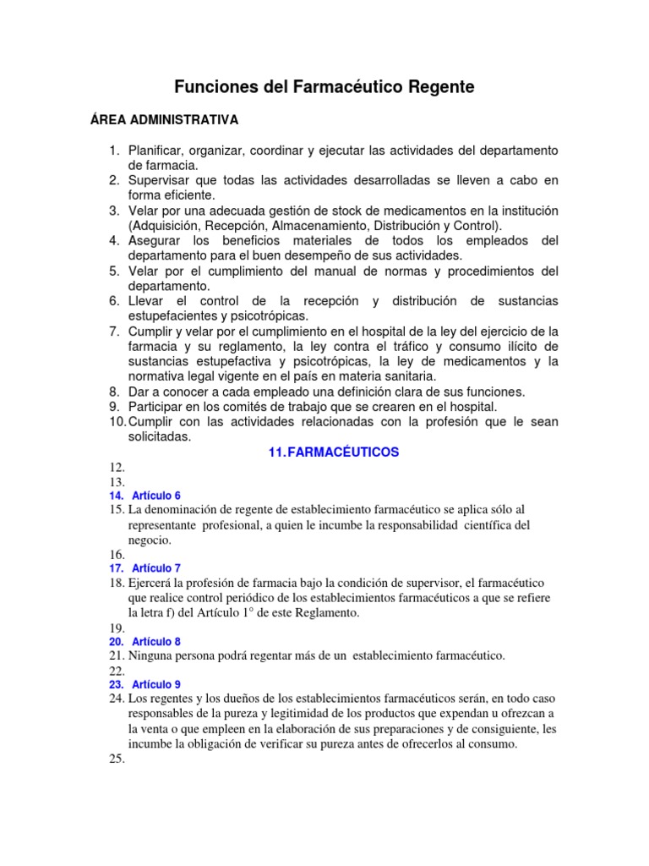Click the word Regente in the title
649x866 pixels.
pos(438,86)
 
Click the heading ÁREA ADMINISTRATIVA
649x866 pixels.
pos(165,119)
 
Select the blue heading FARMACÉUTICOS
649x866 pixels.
pos(343,452)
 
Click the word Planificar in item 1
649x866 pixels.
pos(158,151)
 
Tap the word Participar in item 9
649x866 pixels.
pos(158,407)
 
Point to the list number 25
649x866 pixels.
pos(117,759)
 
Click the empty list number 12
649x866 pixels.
pos(117,467)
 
